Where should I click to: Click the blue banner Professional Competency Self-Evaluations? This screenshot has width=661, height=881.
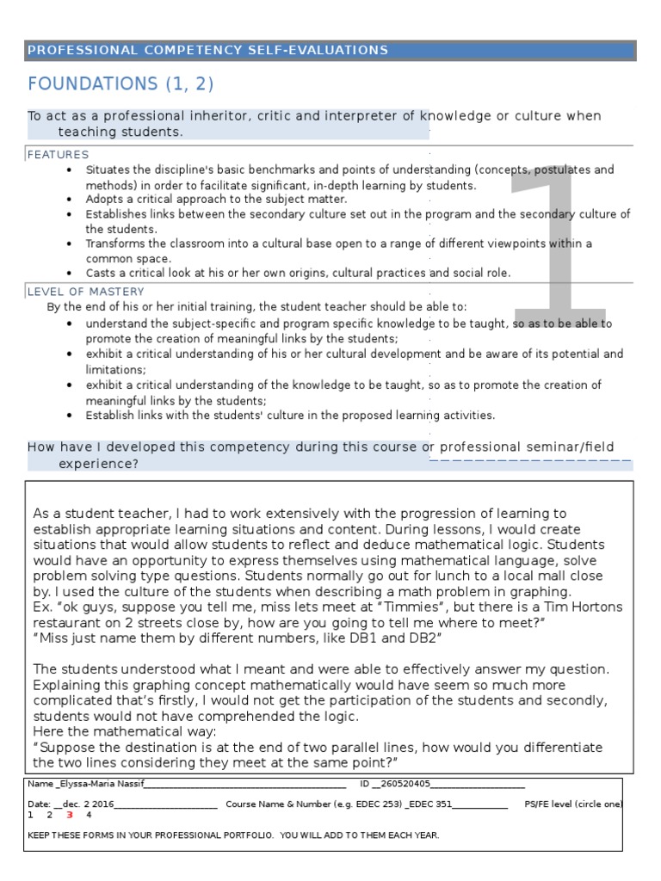(x=207, y=50)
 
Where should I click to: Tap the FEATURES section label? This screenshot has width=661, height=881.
(x=58, y=155)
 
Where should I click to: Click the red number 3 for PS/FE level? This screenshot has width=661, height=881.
(x=69, y=815)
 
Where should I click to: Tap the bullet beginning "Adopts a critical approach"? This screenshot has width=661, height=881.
(x=216, y=199)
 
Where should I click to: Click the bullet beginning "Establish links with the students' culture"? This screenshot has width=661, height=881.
(x=290, y=416)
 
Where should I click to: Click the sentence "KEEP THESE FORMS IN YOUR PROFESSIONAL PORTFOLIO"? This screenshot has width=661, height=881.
(x=233, y=835)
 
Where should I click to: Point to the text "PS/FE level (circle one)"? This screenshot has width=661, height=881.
(x=573, y=804)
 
